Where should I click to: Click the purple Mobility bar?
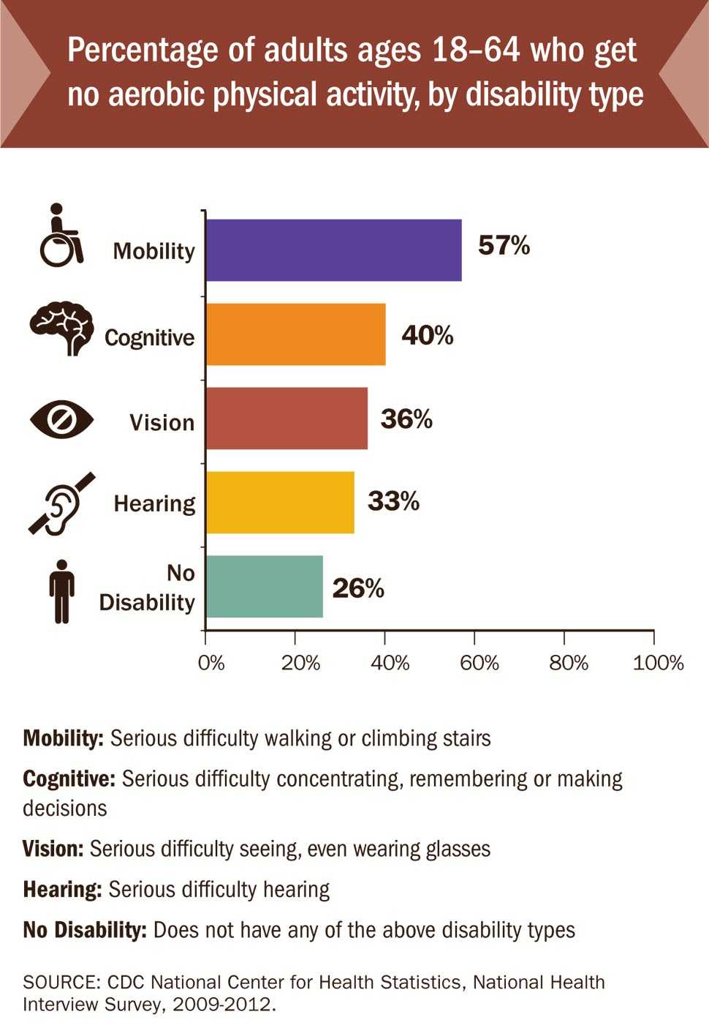pyautogui.click(x=333, y=250)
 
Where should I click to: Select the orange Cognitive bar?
pyautogui.click(x=295, y=334)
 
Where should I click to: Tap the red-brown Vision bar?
pyautogui.click(x=287, y=419)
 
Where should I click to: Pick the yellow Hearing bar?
pyautogui.click(x=280, y=502)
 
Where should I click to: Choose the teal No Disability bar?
pyautogui.click(x=264, y=586)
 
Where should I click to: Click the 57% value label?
pyautogui.click(x=504, y=245)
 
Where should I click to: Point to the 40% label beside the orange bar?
pyautogui.click(x=427, y=335)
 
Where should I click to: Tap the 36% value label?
pyautogui.click(x=406, y=419)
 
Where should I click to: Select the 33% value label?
pyautogui.click(x=393, y=502)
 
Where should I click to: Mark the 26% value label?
pyautogui.click(x=358, y=588)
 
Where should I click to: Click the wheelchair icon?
pyautogui.click(x=61, y=236)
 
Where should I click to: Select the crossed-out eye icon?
pyautogui.click(x=61, y=420)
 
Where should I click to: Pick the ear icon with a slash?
pyautogui.click(x=61, y=503)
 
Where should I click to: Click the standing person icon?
pyautogui.click(x=62, y=591)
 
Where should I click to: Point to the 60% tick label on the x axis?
pyautogui.click(x=479, y=663)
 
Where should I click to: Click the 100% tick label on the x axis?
pyautogui.click(x=658, y=663)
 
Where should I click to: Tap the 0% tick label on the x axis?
pyautogui.click(x=211, y=663)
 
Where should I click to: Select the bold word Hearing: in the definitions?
pyautogui.click(x=62, y=890)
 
